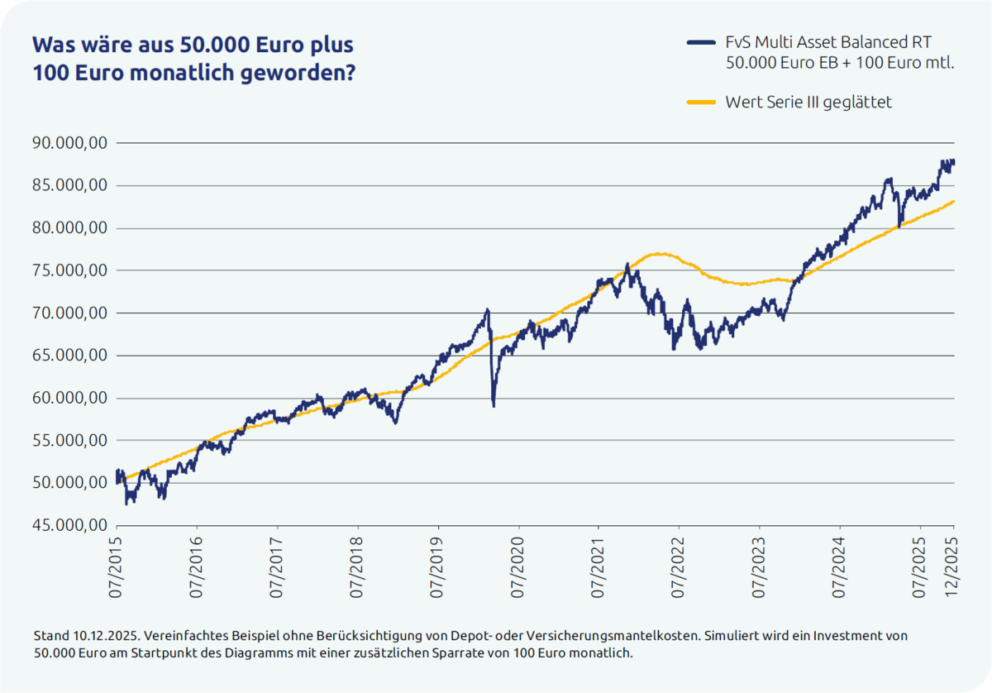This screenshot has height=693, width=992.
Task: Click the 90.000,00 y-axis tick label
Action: [69, 143]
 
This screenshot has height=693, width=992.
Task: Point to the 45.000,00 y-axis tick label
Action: [69, 526]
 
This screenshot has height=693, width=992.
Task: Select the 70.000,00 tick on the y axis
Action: [69, 313]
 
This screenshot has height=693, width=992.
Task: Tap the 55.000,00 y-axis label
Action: [69, 441]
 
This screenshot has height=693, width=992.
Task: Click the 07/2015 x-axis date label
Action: [117, 571]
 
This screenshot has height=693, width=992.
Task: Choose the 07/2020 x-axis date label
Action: [519, 571]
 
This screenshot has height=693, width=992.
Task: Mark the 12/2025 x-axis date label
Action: [953, 571]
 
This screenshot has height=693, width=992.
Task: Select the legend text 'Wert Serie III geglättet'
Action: [808, 103]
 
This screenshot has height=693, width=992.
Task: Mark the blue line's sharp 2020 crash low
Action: [494, 405]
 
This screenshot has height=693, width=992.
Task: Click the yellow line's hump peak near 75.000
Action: [657, 253]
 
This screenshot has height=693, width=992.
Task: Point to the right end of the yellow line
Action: [955, 201]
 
